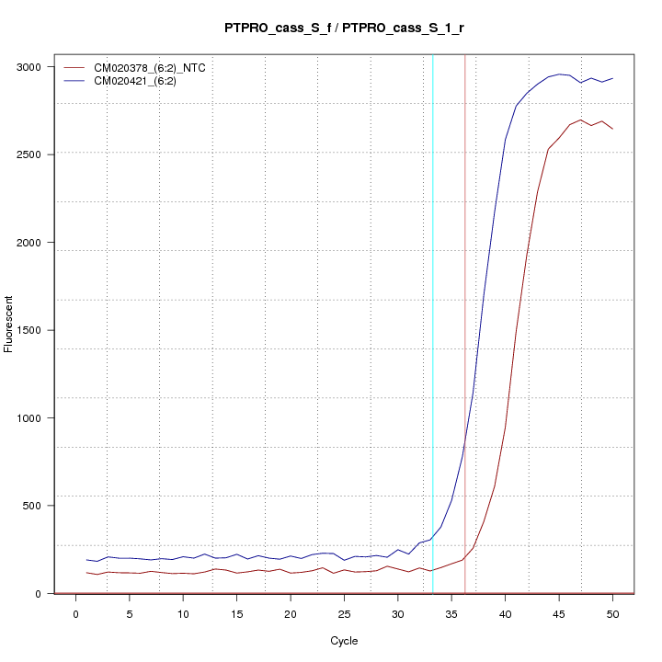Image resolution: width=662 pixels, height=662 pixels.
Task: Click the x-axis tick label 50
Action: (612, 614)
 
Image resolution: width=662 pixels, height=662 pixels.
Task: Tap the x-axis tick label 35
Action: (451, 614)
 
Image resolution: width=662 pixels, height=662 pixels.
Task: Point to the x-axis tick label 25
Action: (344, 614)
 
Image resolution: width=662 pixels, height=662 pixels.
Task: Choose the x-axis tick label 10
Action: (183, 614)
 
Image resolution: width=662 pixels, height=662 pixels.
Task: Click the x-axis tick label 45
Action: (559, 614)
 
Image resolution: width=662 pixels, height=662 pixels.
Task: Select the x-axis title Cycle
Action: (344, 641)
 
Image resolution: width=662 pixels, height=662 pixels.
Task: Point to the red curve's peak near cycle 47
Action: (581, 120)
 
